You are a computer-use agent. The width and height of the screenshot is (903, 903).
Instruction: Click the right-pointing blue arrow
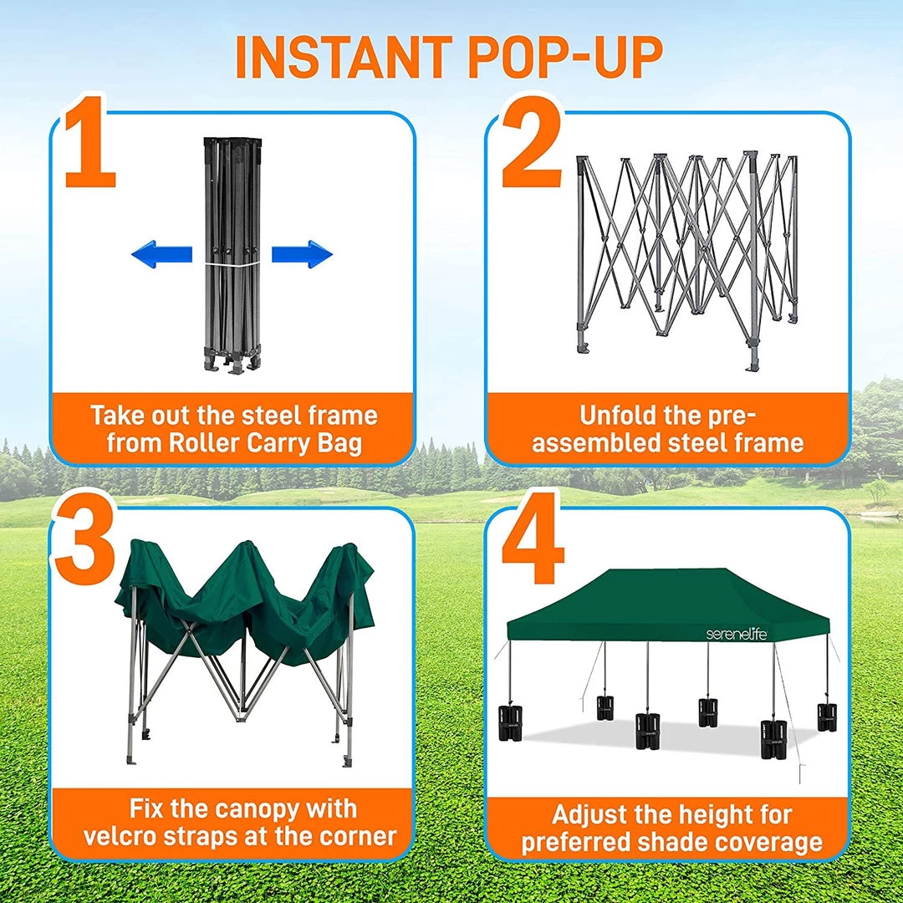(303, 254)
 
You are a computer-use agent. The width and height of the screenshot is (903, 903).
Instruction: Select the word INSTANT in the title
(344, 56)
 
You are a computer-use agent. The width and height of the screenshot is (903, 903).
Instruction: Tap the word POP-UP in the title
(565, 56)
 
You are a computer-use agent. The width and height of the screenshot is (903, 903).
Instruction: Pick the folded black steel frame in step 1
(232, 251)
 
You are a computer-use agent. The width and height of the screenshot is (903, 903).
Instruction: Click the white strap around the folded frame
(232, 264)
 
